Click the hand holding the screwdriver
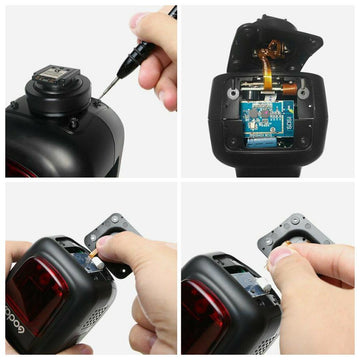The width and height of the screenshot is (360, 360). pos(155,60)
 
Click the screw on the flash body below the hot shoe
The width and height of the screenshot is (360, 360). pos(72,124)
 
